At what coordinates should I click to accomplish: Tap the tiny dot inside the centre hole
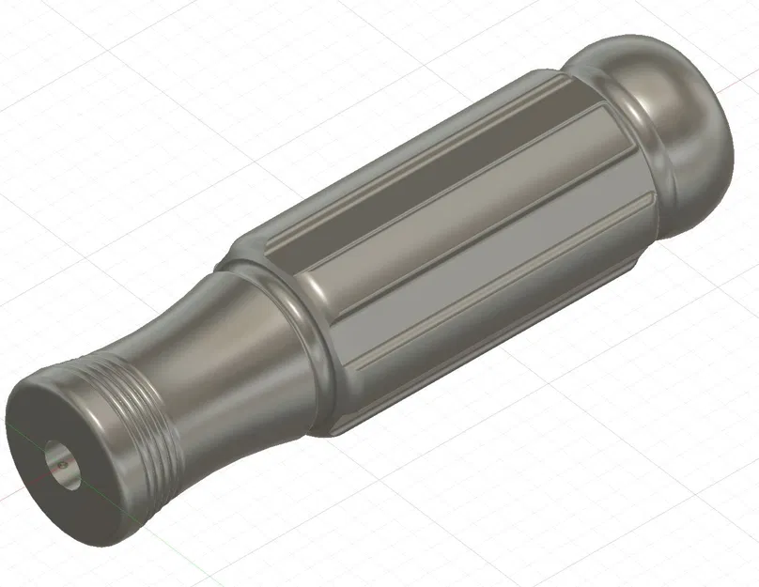click(x=60, y=462)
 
